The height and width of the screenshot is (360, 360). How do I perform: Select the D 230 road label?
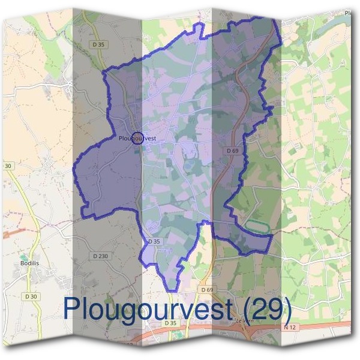101,256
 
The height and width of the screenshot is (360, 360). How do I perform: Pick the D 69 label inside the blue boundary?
233,150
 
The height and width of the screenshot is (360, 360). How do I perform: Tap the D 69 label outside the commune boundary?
207,290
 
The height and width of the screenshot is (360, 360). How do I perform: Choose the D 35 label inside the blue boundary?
154,241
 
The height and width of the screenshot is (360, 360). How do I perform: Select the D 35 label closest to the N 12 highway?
172,323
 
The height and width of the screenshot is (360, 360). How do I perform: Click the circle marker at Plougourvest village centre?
137,139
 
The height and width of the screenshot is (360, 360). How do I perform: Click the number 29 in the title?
271,308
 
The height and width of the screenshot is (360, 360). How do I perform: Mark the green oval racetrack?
256,226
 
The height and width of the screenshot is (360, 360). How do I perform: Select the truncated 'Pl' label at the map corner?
347,12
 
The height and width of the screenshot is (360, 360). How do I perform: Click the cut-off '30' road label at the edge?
8,166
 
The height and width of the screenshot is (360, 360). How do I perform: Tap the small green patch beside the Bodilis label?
23,257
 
